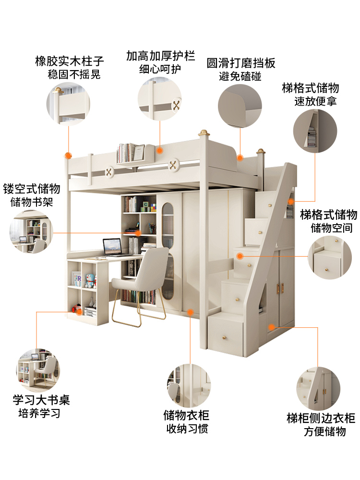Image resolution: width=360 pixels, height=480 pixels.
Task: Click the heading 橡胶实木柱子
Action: click(70, 62)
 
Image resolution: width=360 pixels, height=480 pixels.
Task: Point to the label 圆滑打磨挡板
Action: click(241, 63)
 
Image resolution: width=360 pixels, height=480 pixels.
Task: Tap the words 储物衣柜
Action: click(187, 415)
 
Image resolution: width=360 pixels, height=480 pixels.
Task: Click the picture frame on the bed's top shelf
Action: click(138, 153)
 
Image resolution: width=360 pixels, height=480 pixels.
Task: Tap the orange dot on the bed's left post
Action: click(68, 156)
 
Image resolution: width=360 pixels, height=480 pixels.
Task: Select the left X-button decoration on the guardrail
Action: click(110, 170)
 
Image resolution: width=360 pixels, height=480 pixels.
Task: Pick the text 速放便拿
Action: click(315, 102)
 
